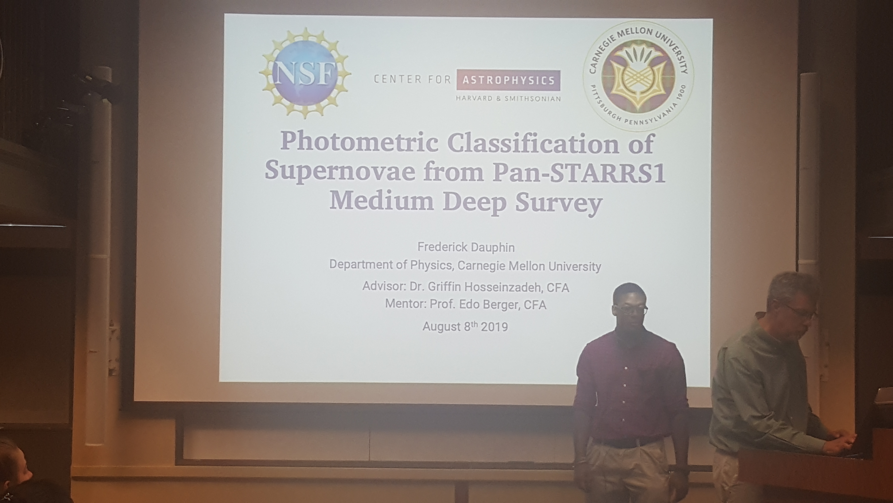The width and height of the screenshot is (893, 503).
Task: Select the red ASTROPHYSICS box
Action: tap(508, 80)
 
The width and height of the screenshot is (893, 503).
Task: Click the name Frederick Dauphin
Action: tap(466, 247)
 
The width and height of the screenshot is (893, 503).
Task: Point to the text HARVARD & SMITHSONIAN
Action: tap(508, 99)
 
